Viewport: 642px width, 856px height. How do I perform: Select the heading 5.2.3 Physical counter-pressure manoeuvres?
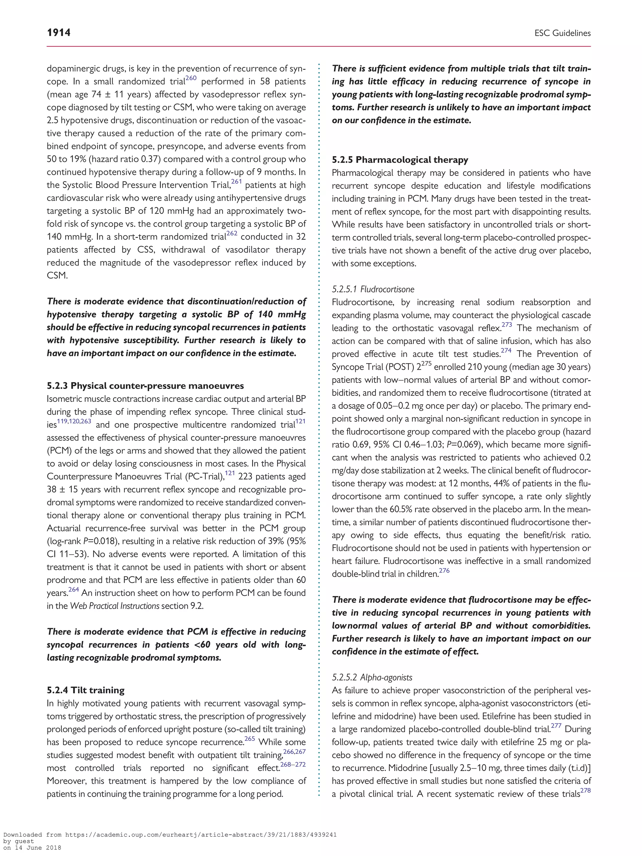point(145,386)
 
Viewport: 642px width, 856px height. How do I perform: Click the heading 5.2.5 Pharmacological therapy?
point(400,160)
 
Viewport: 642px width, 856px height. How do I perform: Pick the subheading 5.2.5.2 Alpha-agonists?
point(372,677)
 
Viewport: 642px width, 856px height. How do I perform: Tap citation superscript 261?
point(236,182)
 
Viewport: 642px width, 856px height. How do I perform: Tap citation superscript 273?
point(507,325)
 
